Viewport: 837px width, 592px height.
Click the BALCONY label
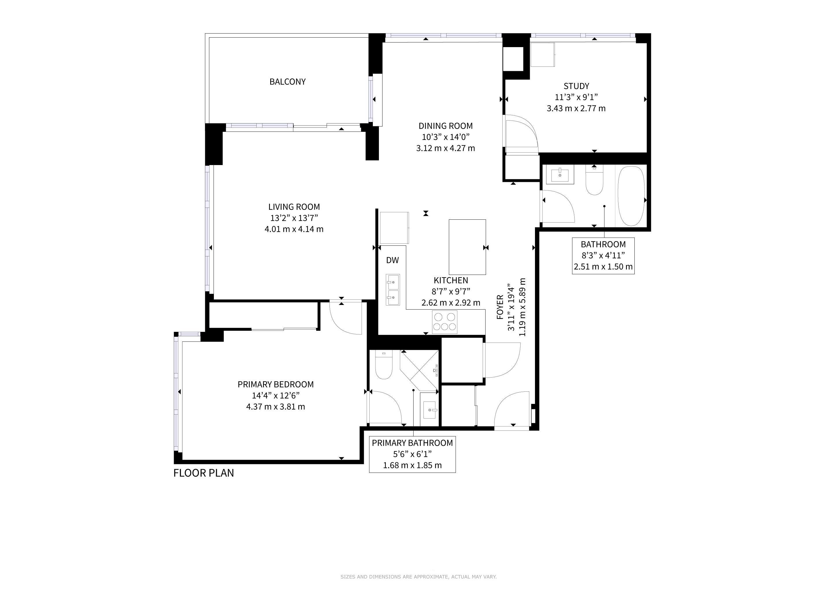point(287,82)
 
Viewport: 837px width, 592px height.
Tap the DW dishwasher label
point(392,260)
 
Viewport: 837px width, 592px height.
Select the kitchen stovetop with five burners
point(445,322)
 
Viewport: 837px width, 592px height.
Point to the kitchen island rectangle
point(467,247)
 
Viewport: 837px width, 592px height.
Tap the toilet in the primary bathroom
point(383,365)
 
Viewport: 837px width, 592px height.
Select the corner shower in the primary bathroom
point(420,370)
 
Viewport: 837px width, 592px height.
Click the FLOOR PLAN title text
point(203,473)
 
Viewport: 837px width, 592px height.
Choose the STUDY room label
point(576,86)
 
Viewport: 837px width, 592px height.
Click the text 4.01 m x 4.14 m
point(294,229)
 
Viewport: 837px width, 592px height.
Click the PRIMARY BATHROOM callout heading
point(412,443)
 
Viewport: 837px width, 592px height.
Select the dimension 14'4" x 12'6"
point(276,395)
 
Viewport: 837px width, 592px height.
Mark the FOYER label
point(500,307)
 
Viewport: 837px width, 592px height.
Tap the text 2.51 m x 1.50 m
point(603,267)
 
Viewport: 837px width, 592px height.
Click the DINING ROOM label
point(445,126)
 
